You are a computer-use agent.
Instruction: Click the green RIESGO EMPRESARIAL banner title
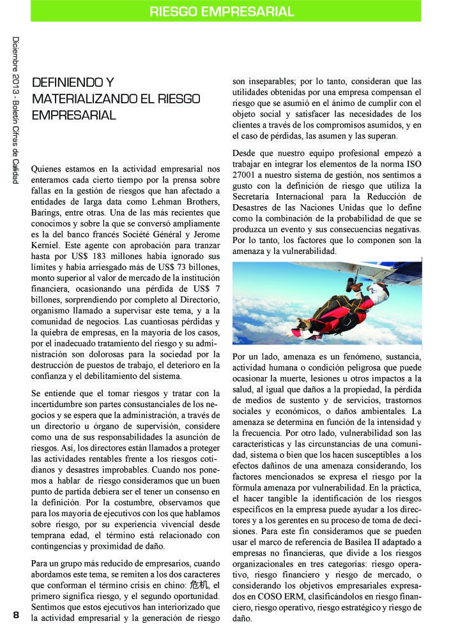[222, 11]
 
